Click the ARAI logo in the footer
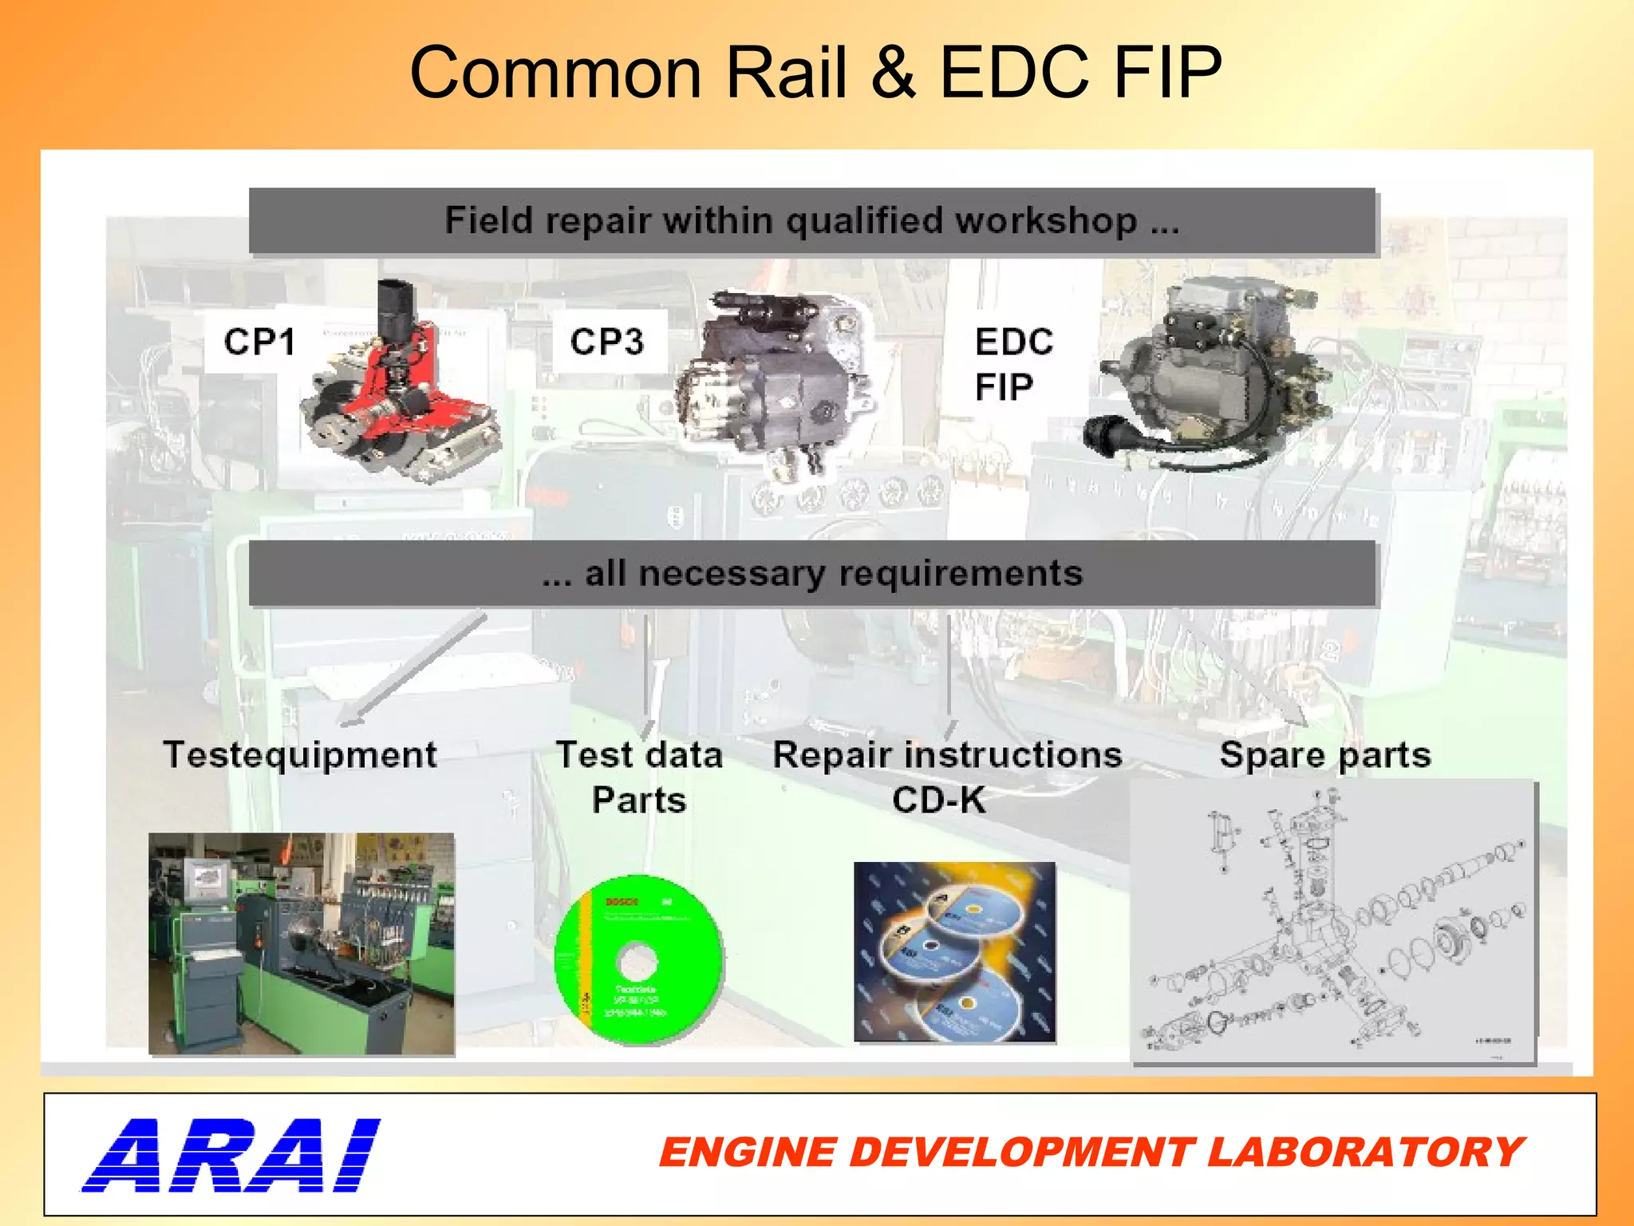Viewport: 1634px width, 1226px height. tap(231, 1155)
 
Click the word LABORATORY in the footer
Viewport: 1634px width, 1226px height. tap(1364, 1153)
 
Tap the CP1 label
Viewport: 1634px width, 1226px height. tap(259, 342)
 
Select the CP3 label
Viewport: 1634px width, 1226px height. tap(606, 342)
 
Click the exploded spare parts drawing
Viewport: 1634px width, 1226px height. tap(1332, 922)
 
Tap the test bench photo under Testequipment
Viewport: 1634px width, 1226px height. tap(302, 943)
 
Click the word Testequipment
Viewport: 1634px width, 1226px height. tap(300, 755)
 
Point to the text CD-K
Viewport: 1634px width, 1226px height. tap(938, 801)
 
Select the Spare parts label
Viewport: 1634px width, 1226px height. tap(1325, 755)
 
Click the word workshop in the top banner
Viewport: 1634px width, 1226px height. tap(1046, 221)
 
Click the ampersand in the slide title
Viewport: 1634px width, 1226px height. tap(893, 73)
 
